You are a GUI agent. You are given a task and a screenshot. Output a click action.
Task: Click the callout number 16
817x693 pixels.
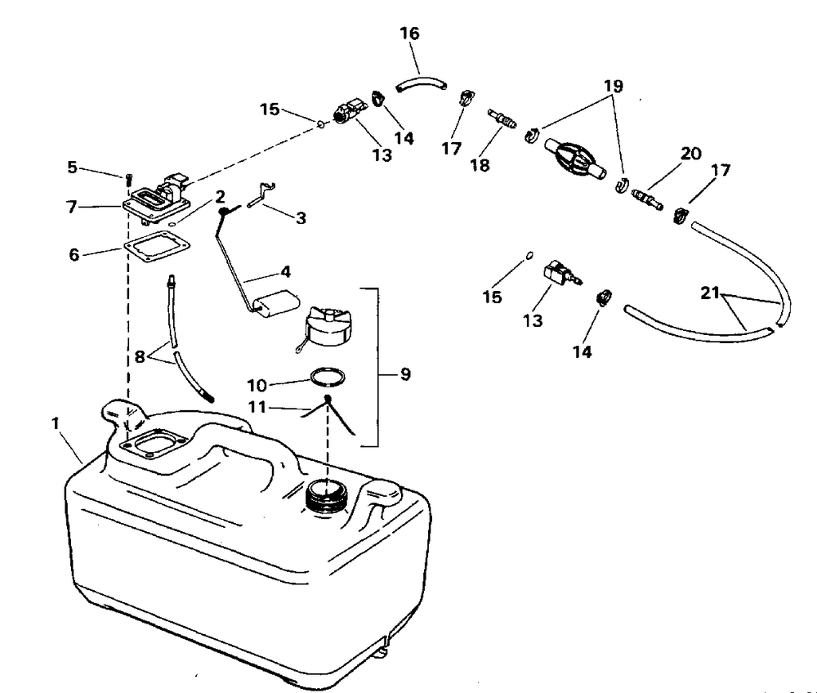coord(409,34)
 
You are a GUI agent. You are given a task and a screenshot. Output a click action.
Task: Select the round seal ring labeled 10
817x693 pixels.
coord(326,378)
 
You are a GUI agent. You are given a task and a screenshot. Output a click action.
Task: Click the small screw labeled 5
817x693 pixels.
coord(128,177)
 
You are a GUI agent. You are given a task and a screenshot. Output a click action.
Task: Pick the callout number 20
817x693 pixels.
coord(691,153)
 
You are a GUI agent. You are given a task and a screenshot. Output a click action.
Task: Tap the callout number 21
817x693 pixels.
coord(712,293)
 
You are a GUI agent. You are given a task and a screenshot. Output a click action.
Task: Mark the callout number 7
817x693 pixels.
coord(73,207)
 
